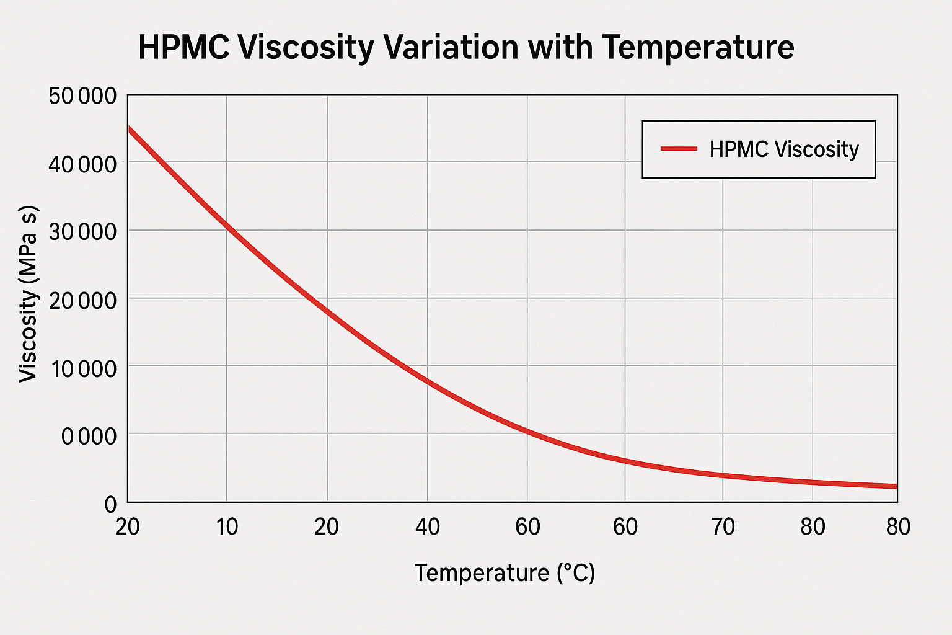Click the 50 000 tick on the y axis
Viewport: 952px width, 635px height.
(x=81, y=96)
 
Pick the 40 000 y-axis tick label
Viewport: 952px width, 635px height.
(x=81, y=164)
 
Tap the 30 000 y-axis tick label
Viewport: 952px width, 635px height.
(x=81, y=232)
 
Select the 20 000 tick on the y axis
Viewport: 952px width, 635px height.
(x=81, y=300)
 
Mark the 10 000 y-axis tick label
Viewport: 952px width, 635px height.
(x=81, y=368)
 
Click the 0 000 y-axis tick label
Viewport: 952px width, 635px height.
(x=89, y=437)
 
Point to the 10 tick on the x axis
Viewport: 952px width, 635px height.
(x=227, y=527)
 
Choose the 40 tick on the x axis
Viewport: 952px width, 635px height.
(x=427, y=527)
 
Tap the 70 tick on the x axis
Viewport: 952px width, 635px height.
(x=723, y=527)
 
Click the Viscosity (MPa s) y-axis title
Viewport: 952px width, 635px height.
(x=29, y=294)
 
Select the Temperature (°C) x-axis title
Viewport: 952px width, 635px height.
(x=505, y=572)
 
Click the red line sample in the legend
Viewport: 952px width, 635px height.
(x=679, y=149)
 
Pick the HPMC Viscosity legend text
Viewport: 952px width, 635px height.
(x=784, y=149)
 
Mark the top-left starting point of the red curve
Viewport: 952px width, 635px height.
(x=129, y=128)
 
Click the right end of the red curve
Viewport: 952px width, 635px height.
(x=896, y=486)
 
